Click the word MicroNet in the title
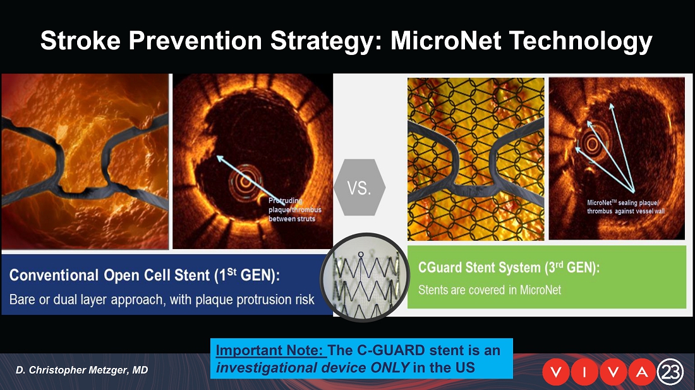point(446,40)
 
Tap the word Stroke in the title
point(80,40)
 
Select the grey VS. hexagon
point(360,188)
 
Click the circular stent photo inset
point(365,277)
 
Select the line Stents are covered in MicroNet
point(490,290)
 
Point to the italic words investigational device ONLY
point(313,367)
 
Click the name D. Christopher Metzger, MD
point(82,370)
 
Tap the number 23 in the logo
point(670,372)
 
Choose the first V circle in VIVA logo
point(556,372)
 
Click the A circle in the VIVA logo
point(642,372)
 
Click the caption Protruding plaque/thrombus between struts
point(295,210)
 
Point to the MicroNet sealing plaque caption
point(626,207)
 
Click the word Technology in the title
point(581,41)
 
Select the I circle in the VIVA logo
point(584,372)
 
